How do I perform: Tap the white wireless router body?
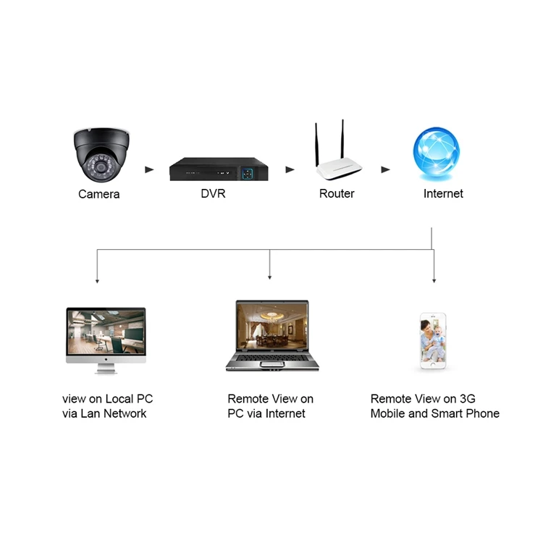tap(339, 171)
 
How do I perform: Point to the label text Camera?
tap(99, 194)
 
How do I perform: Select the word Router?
tap(337, 194)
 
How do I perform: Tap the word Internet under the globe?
tap(443, 194)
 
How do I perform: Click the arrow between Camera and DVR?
tap(150, 170)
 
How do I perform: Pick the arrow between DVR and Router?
tap(290, 170)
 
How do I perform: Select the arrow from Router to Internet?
tap(386, 170)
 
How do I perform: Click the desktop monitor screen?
tap(106, 332)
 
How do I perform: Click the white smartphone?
tap(433, 342)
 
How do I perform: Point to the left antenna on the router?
tap(316, 145)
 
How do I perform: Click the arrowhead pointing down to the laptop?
tap(270, 277)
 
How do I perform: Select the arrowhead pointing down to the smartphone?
tap(434, 279)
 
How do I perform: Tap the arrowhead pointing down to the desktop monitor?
tap(97, 279)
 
